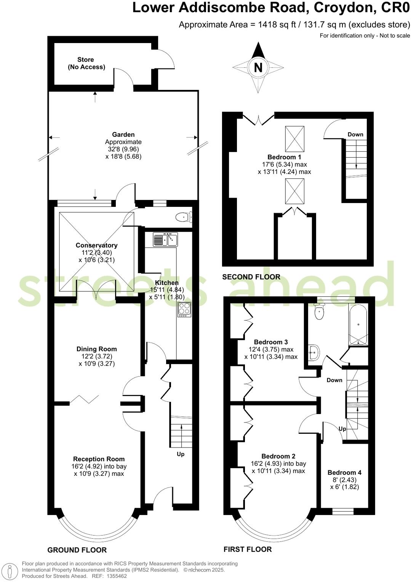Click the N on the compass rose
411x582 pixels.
258,67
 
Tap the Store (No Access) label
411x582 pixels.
86,63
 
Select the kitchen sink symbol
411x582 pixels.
165,240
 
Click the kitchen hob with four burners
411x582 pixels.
184,309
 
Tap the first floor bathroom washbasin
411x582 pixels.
314,352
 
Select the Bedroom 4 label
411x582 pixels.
344,472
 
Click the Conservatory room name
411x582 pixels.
96,245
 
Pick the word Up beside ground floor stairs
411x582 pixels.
181,454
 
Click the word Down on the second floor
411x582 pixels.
355,134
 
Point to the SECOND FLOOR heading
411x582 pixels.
251,277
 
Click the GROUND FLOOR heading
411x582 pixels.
77,550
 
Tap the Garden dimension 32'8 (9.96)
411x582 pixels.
123,149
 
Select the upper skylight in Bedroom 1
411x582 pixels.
294,139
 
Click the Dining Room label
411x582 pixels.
96,349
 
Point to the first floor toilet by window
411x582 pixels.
319,313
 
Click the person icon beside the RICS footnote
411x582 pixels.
11,570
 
